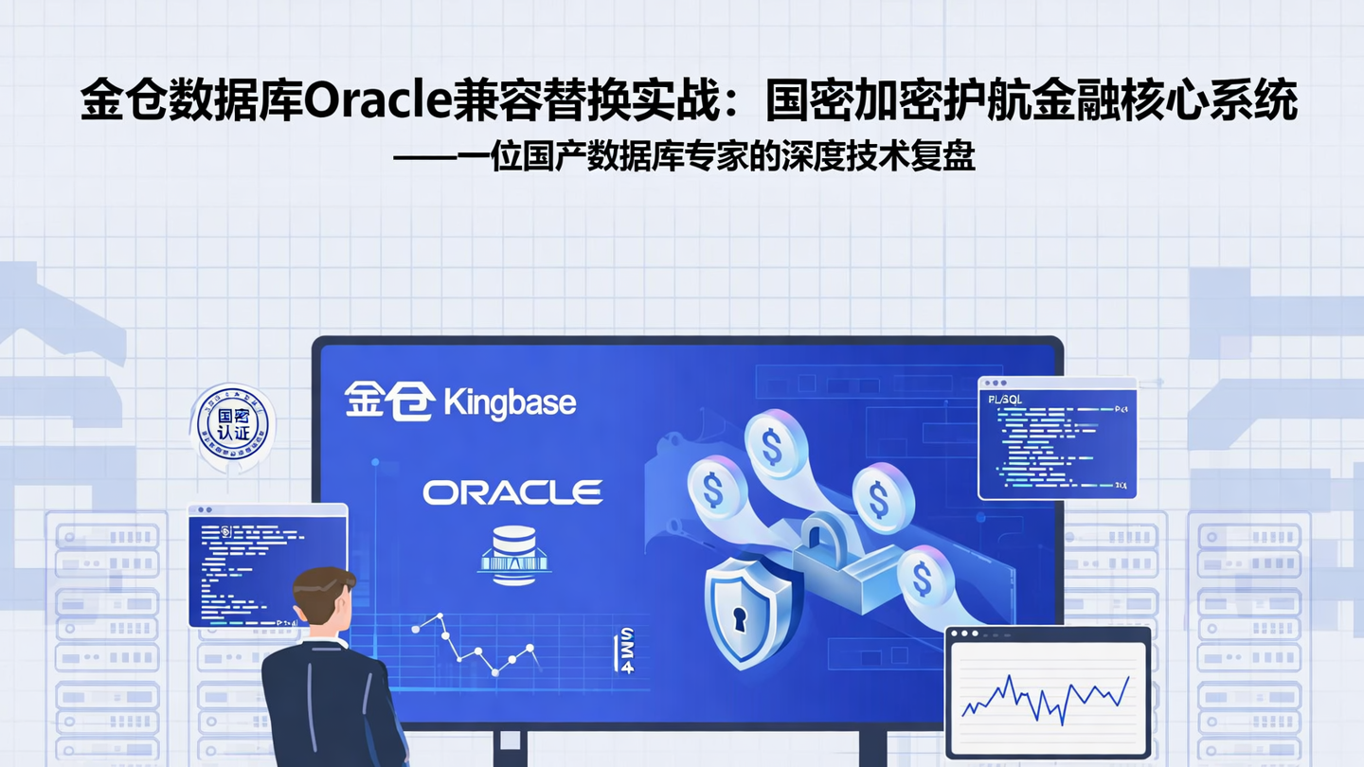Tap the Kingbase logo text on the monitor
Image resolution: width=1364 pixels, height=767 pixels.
click(x=510, y=402)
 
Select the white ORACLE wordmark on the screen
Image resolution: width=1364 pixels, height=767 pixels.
click(x=512, y=492)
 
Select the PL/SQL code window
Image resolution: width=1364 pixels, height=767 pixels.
click(x=1057, y=437)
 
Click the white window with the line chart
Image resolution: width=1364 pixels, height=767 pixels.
click(x=1048, y=691)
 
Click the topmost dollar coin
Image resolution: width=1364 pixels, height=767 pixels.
click(x=774, y=446)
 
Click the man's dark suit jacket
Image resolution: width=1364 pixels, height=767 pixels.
click(x=327, y=705)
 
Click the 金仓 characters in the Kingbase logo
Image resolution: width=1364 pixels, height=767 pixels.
click(x=389, y=401)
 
